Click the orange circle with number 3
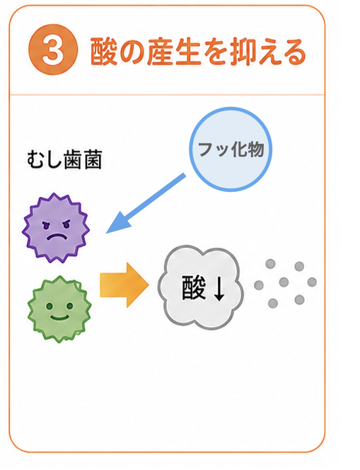53,50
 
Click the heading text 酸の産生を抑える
198,52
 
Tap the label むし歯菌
64,159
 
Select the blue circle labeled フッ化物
231,149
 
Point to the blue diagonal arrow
146,203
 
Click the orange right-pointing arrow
124,285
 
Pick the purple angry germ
56,229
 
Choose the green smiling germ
59,309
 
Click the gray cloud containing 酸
201,287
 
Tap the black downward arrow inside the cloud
219,288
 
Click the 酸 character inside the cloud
194,288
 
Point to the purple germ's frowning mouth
57,237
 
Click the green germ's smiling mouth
59,317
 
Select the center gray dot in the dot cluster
284,282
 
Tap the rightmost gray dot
312,282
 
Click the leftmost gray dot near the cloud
259,285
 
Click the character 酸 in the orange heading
103,52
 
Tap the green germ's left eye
49,306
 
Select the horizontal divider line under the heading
167,95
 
